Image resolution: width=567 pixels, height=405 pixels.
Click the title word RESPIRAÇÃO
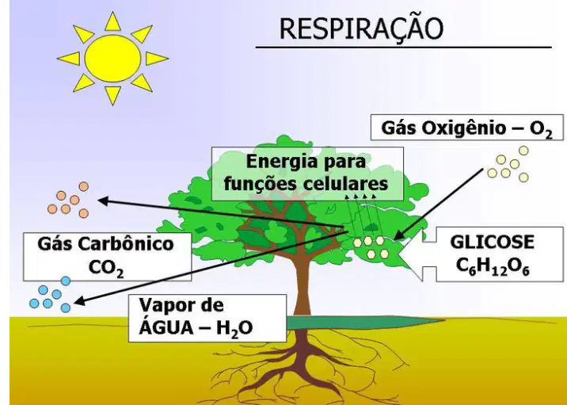click(x=361, y=29)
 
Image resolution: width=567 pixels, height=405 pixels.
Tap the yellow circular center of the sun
click(x=112, y=59)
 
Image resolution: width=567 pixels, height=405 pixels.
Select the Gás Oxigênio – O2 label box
click(x=467, y=127)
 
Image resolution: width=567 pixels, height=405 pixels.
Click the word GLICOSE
click(x=492, y=243)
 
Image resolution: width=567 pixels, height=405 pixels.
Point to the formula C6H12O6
click(x=492, y=267)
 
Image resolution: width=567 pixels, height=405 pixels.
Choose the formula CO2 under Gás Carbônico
click(x=106, y=269)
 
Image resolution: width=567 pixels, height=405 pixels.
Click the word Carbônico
click(x=126, y=243)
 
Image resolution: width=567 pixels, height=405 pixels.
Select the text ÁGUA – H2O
click(x=196, y=328)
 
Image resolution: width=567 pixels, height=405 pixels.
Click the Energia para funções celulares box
click(x=307, y=174)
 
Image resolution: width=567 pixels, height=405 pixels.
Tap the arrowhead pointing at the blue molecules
click(x=79, y=300)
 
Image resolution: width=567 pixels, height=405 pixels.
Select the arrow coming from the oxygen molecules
click(x=439, y=204)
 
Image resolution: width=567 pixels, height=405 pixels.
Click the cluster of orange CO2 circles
click(x=68, y=201)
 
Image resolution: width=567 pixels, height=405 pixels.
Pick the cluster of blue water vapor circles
click(x=50, y=295)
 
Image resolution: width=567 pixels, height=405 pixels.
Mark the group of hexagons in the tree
click(x=371, y=247)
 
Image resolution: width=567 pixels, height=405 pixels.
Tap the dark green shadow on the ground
click(x=365, y=322)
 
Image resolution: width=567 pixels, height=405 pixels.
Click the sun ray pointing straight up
click(x=112, y=22)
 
